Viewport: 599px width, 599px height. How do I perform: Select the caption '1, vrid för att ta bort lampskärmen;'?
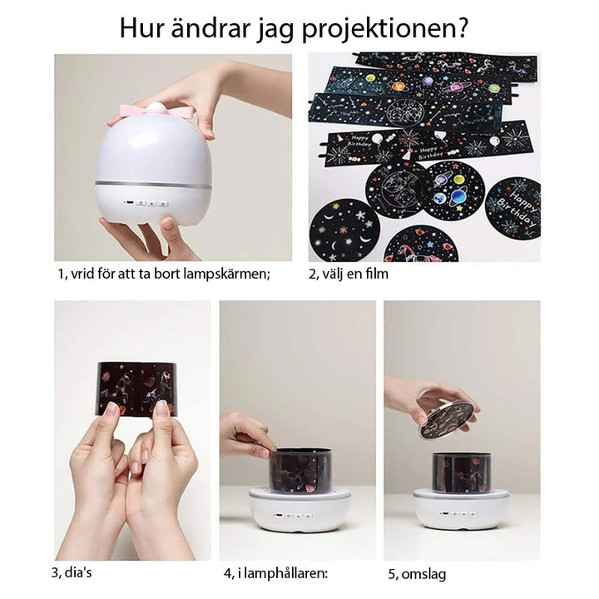tap(164, 273)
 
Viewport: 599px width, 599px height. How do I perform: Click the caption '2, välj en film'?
tap(349, 273)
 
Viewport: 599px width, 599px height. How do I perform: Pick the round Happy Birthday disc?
tap(512, 206)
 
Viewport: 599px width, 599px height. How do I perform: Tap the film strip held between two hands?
tap(136, 388)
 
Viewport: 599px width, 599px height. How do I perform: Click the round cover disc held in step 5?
tap(447, 418)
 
